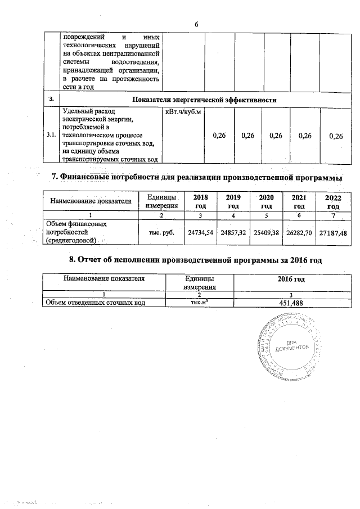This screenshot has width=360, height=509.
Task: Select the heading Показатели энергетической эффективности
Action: coord(204,100)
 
